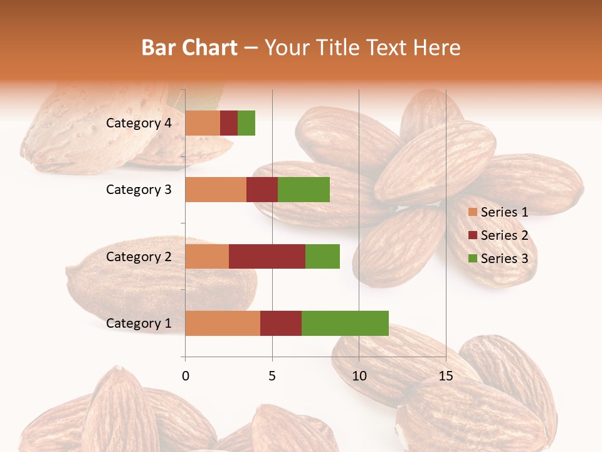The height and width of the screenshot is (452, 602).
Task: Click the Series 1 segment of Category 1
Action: [223, 323]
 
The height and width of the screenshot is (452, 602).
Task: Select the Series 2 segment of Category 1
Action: [281, 323]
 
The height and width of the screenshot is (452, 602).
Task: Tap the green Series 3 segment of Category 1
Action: [345, 323]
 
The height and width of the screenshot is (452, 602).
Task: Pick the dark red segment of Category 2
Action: [267, 256]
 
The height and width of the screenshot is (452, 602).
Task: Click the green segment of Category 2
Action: [322, 256]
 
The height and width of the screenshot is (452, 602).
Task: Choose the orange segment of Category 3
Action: [216, 190]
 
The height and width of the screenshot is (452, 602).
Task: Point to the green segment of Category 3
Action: [304, 190]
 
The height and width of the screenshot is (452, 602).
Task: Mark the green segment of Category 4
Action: [246, 123]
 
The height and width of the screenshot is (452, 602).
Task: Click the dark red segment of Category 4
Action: [229, 123]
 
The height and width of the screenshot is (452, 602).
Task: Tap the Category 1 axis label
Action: [139, 323]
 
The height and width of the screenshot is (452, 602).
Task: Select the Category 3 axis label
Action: [139, 190]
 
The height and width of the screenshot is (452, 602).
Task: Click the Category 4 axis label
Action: [139, 123]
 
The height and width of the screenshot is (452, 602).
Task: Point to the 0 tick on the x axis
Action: [186, 376]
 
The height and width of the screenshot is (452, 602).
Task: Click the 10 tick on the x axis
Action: [359, 376]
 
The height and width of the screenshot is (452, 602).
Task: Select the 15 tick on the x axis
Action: [445, 376]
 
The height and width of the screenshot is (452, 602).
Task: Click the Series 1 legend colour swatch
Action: [472, 212]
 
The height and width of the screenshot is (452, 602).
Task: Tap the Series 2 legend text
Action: [504, 235]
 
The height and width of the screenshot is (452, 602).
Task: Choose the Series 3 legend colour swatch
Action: [472, 259]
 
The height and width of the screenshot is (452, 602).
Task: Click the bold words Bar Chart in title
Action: [189, 48]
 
